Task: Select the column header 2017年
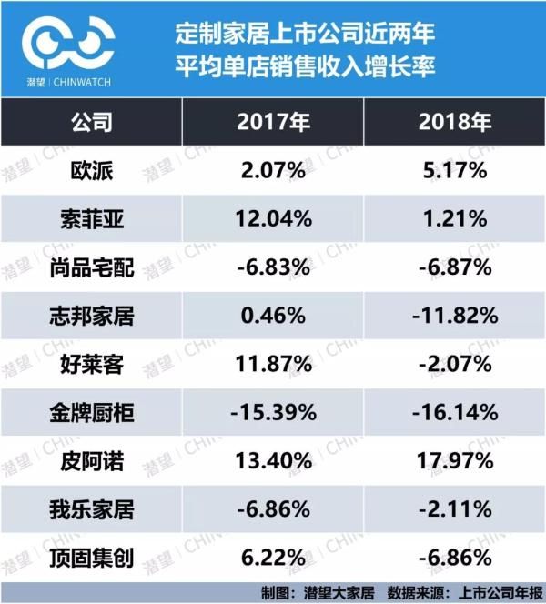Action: pyautogui.click(x=272, y=121)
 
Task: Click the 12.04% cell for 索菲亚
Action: pyautogui.click(x=272, y=218)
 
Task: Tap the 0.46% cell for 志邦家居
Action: pyautogui.click(x=272, y=317)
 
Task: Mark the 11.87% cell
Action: pyautogui.click(x=272, y=366)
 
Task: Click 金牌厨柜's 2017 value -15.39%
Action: pyautogui.click(x=272, y=415)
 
